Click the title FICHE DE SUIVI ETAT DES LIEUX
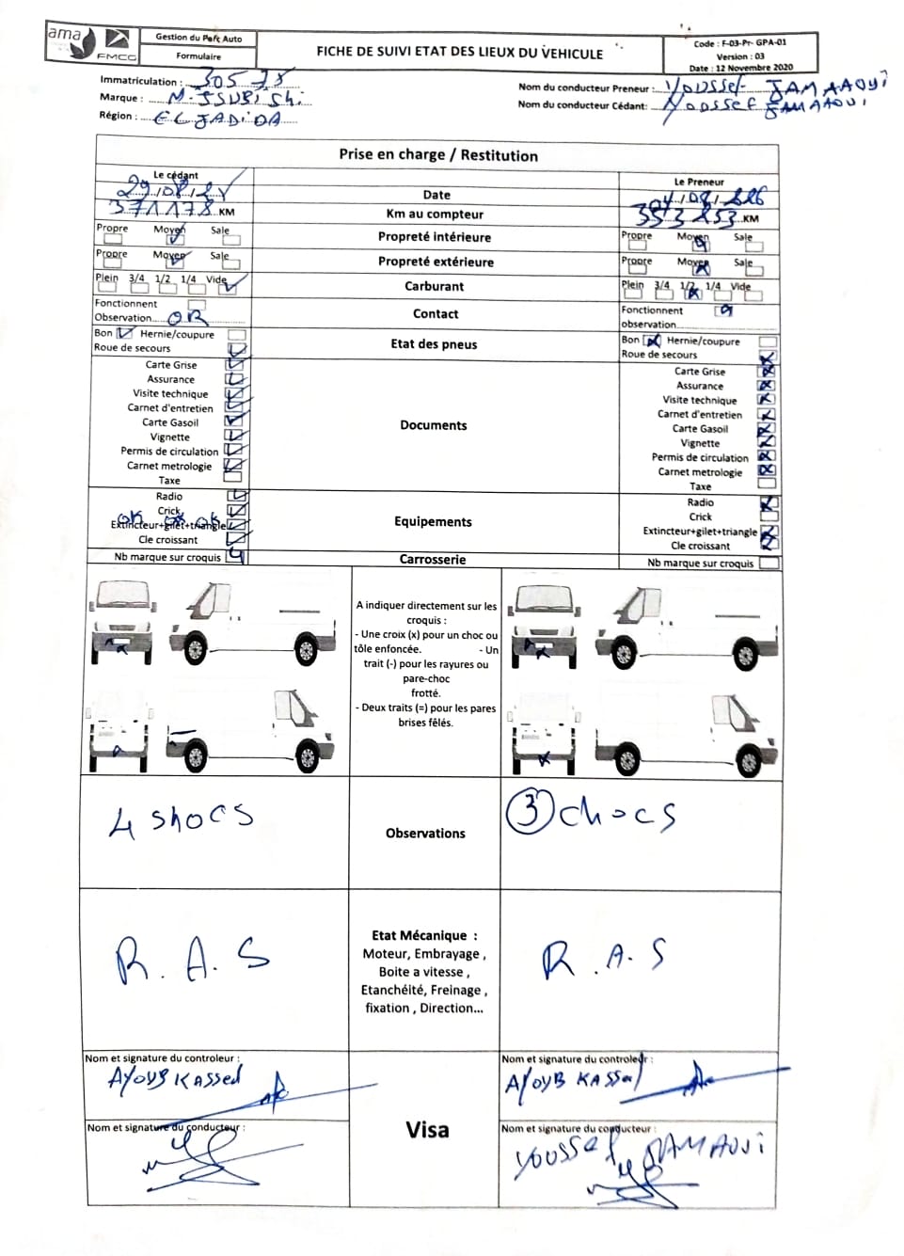(459, 53)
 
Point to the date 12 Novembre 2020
(753, 68)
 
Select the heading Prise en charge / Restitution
(438, 155)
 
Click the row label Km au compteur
(435, 215)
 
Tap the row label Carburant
(434, 286)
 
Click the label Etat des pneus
(434, 344)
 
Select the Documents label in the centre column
(433, 425)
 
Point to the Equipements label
(433, 522)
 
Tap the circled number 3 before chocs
(530, 811)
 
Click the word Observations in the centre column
(425, 834)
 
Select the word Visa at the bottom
(427, 1130)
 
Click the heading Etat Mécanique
(424, 935)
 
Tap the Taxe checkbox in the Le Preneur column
(768, 484)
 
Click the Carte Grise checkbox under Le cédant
(233, 363)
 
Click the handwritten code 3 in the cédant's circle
(530, 811)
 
